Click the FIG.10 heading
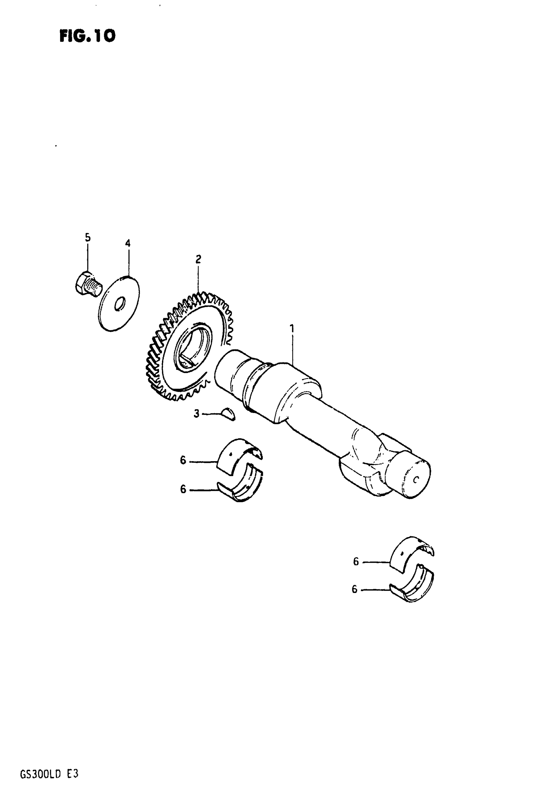coord(88,36)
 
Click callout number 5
coord(88,237)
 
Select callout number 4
coord(128,243)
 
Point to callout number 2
coord(198,259)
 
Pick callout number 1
coord(292,329)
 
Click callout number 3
coord(196,414)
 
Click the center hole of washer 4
coord(120,304)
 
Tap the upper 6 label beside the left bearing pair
coord(183,461)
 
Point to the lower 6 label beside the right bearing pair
coord(355,589)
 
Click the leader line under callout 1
coord(292,349)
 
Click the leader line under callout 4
coord(128,262)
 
